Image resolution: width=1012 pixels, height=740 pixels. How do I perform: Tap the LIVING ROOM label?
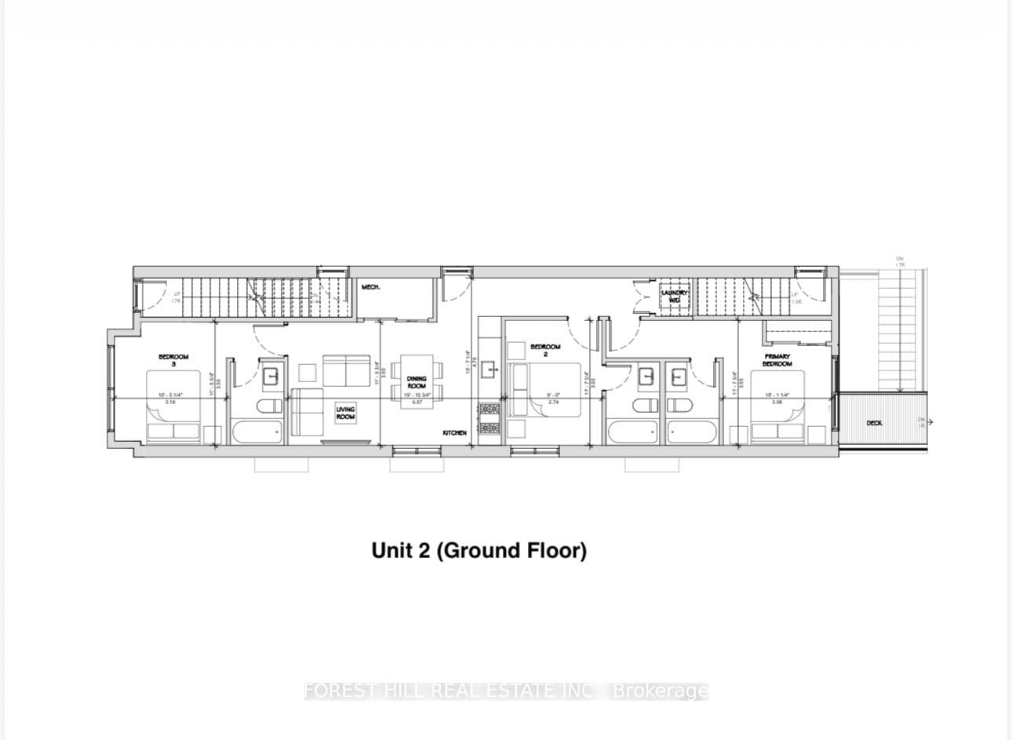[345, 413]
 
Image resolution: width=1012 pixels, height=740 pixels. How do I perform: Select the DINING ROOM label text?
[417, 382]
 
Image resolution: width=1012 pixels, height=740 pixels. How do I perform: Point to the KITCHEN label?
[454, 433]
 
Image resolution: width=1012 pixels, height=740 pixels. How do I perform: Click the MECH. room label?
[371, 287]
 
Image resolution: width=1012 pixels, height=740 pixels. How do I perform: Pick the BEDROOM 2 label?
[545, 351]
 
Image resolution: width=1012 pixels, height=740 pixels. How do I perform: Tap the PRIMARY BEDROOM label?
[777, 359]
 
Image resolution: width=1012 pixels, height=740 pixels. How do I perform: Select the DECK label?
[874, 423]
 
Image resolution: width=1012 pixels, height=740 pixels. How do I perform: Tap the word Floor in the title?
[555, 550]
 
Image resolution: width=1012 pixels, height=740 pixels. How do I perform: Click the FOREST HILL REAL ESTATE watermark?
[506, 691]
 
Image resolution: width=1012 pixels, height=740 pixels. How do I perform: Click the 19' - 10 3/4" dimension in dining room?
[417, 396]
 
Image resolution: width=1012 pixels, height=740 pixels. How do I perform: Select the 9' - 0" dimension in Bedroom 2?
[552, 396]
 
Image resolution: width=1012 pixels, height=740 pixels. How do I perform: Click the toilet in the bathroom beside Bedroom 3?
[270, 406]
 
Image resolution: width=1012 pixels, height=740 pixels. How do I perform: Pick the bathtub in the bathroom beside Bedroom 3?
[257, 432]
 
